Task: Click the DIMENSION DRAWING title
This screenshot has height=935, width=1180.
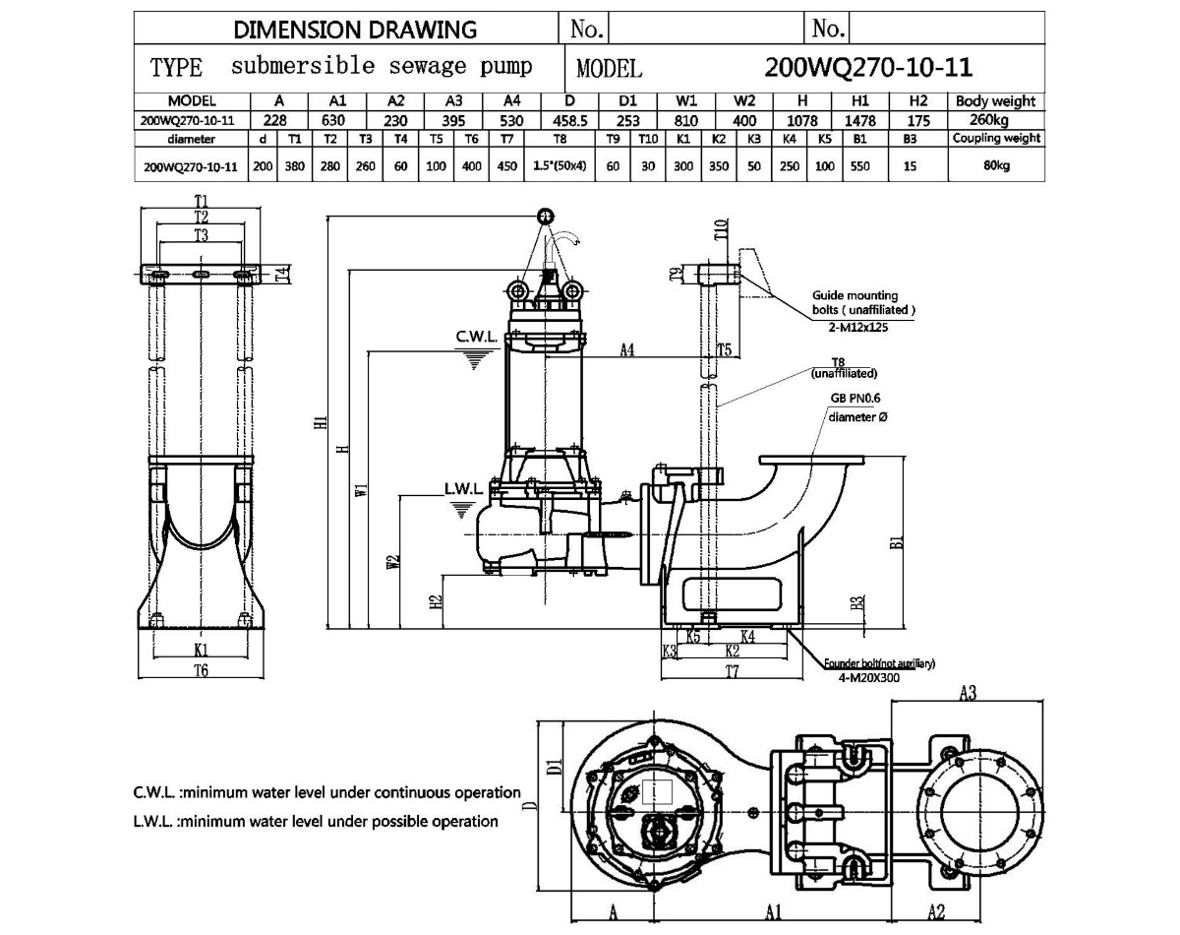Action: pyautogui.click(x=355, y=29)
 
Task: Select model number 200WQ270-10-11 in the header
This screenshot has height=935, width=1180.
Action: pyautogui.click(x=868, y=67)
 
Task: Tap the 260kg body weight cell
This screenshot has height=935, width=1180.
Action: pyautogui.click(x=995, y=120)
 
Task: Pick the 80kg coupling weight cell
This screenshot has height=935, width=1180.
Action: pyautogui.click(x=995, y=166)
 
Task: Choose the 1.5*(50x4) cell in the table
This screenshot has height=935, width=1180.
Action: pyautogui.click(x=560, y=166)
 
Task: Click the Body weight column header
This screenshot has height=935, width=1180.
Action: pyautogui.click(x=995, y=100)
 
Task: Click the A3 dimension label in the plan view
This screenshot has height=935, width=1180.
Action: pyautogui.click(x=967, y=694)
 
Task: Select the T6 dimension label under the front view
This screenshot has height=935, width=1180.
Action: pyautogui.click(x=201, y=670)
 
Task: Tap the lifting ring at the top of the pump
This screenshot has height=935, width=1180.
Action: pyautogui.click(x=544, y=216)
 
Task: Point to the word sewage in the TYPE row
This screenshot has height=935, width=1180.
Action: pyautogui.click(x=423, y=67)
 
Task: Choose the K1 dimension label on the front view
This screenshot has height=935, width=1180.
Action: pyautogui.click(x=201, y=650)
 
